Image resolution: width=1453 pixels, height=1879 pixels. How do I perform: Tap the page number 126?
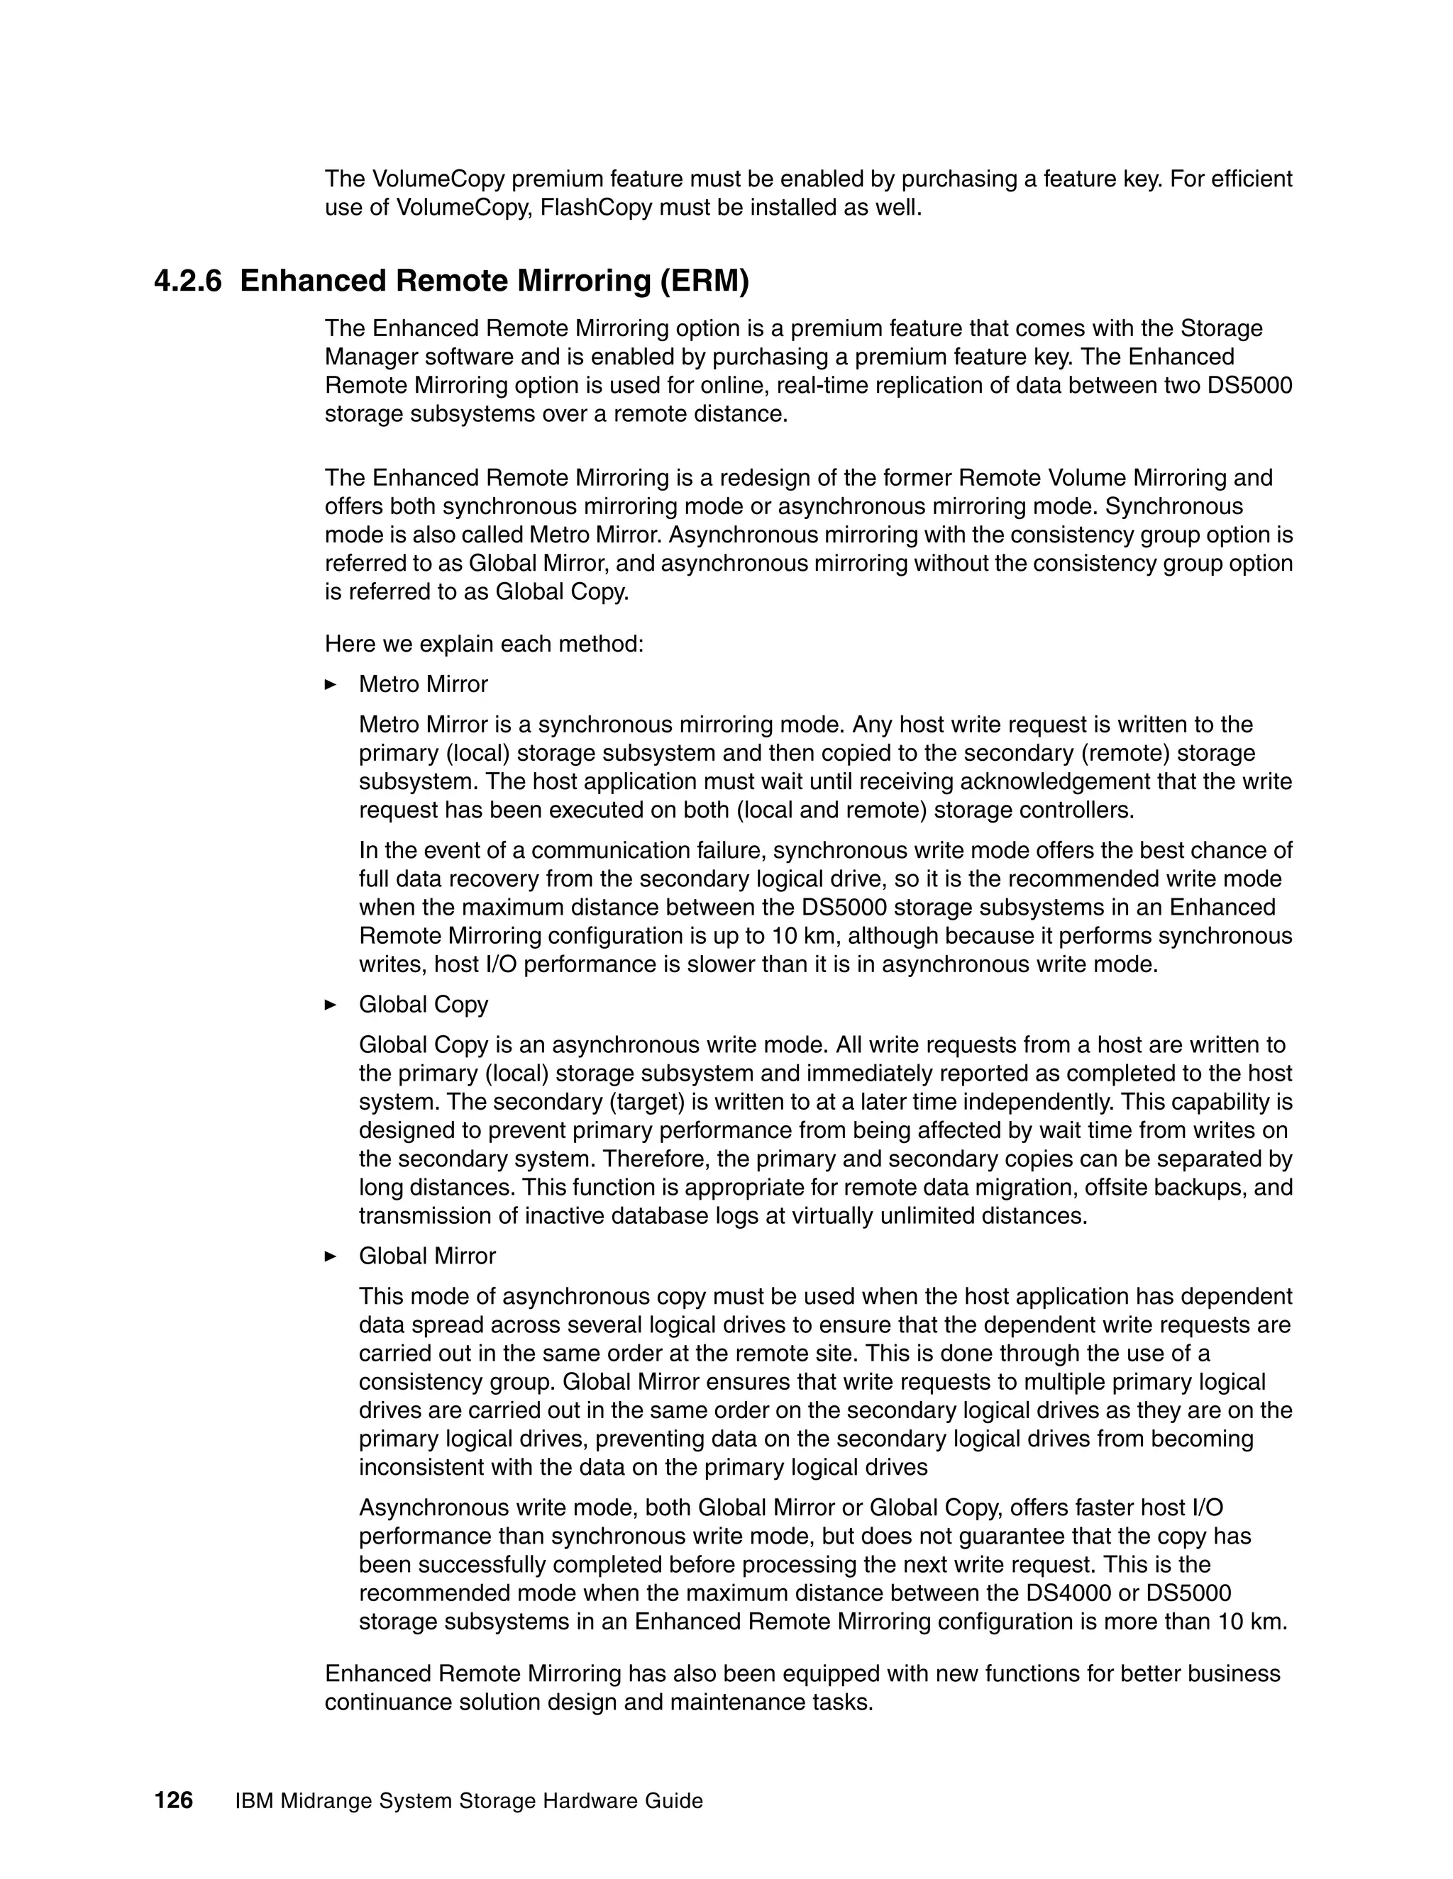click(x=173, y=1800)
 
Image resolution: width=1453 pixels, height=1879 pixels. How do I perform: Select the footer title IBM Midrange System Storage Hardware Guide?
click(x=469, y=1801)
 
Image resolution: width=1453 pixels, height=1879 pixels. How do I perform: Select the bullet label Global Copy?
click(x=424, y=1005)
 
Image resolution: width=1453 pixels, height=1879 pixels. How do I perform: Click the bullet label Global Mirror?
click(x=427, y=1256)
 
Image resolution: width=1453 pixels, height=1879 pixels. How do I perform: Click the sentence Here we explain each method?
click(x=484, y=644)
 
